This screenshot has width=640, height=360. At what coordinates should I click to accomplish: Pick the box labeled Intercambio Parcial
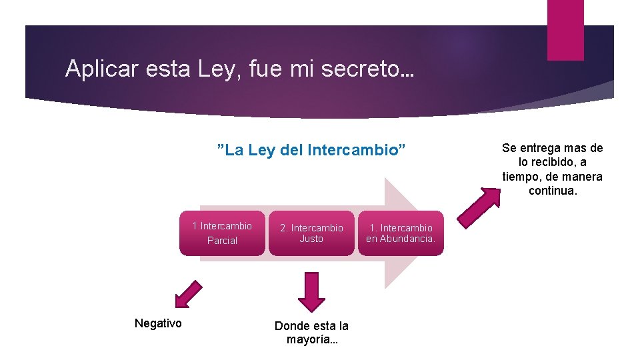222,233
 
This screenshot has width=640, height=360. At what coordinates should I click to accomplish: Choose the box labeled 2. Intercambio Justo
311,233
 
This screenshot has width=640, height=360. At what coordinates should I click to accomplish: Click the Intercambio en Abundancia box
401,233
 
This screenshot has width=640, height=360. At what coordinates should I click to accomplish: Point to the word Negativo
158,323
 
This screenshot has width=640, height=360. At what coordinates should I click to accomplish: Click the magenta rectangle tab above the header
565,30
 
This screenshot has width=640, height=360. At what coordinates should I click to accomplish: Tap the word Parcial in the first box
222,240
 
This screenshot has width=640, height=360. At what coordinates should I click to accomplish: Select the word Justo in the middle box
311,239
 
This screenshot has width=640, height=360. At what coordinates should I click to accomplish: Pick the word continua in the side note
553,191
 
